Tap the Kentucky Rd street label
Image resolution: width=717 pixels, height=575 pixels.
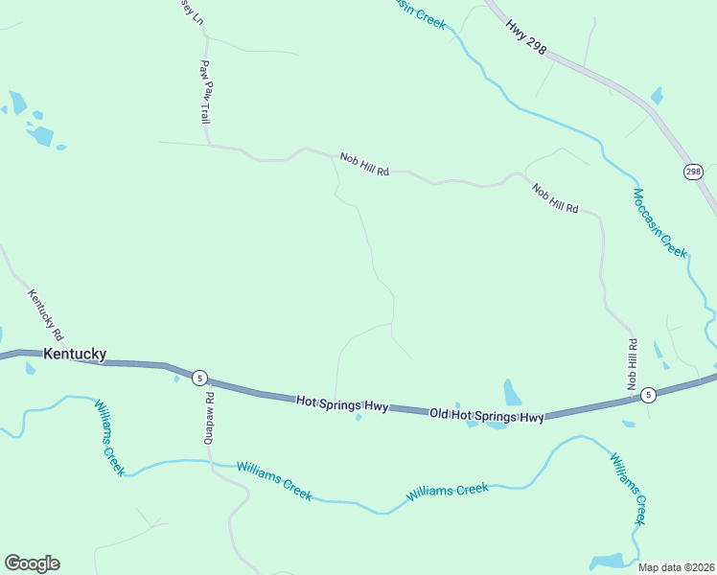point(45,316)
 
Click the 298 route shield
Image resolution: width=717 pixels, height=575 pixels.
point(693,172)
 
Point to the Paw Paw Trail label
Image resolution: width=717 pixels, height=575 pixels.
point(204,92)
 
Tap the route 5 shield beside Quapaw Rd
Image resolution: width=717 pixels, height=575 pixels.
point(197,378)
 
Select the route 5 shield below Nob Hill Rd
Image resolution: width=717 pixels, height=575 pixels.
point(648,395)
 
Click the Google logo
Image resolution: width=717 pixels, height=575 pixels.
point(32,563)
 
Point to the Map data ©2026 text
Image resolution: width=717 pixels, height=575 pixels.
point(675,567)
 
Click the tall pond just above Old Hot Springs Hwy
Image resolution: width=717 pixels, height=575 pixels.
point(512,393)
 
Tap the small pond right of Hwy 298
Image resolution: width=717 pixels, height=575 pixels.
point(657,95)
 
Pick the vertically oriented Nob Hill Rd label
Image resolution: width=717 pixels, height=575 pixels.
point(632,363)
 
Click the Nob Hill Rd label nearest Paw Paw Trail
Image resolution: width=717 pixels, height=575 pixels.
point(364,165)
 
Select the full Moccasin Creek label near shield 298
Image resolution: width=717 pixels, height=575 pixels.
point(659,222)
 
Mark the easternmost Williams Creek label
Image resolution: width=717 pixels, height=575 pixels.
point(628,489)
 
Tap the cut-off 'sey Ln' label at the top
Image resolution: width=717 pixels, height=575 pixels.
point(192,11)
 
